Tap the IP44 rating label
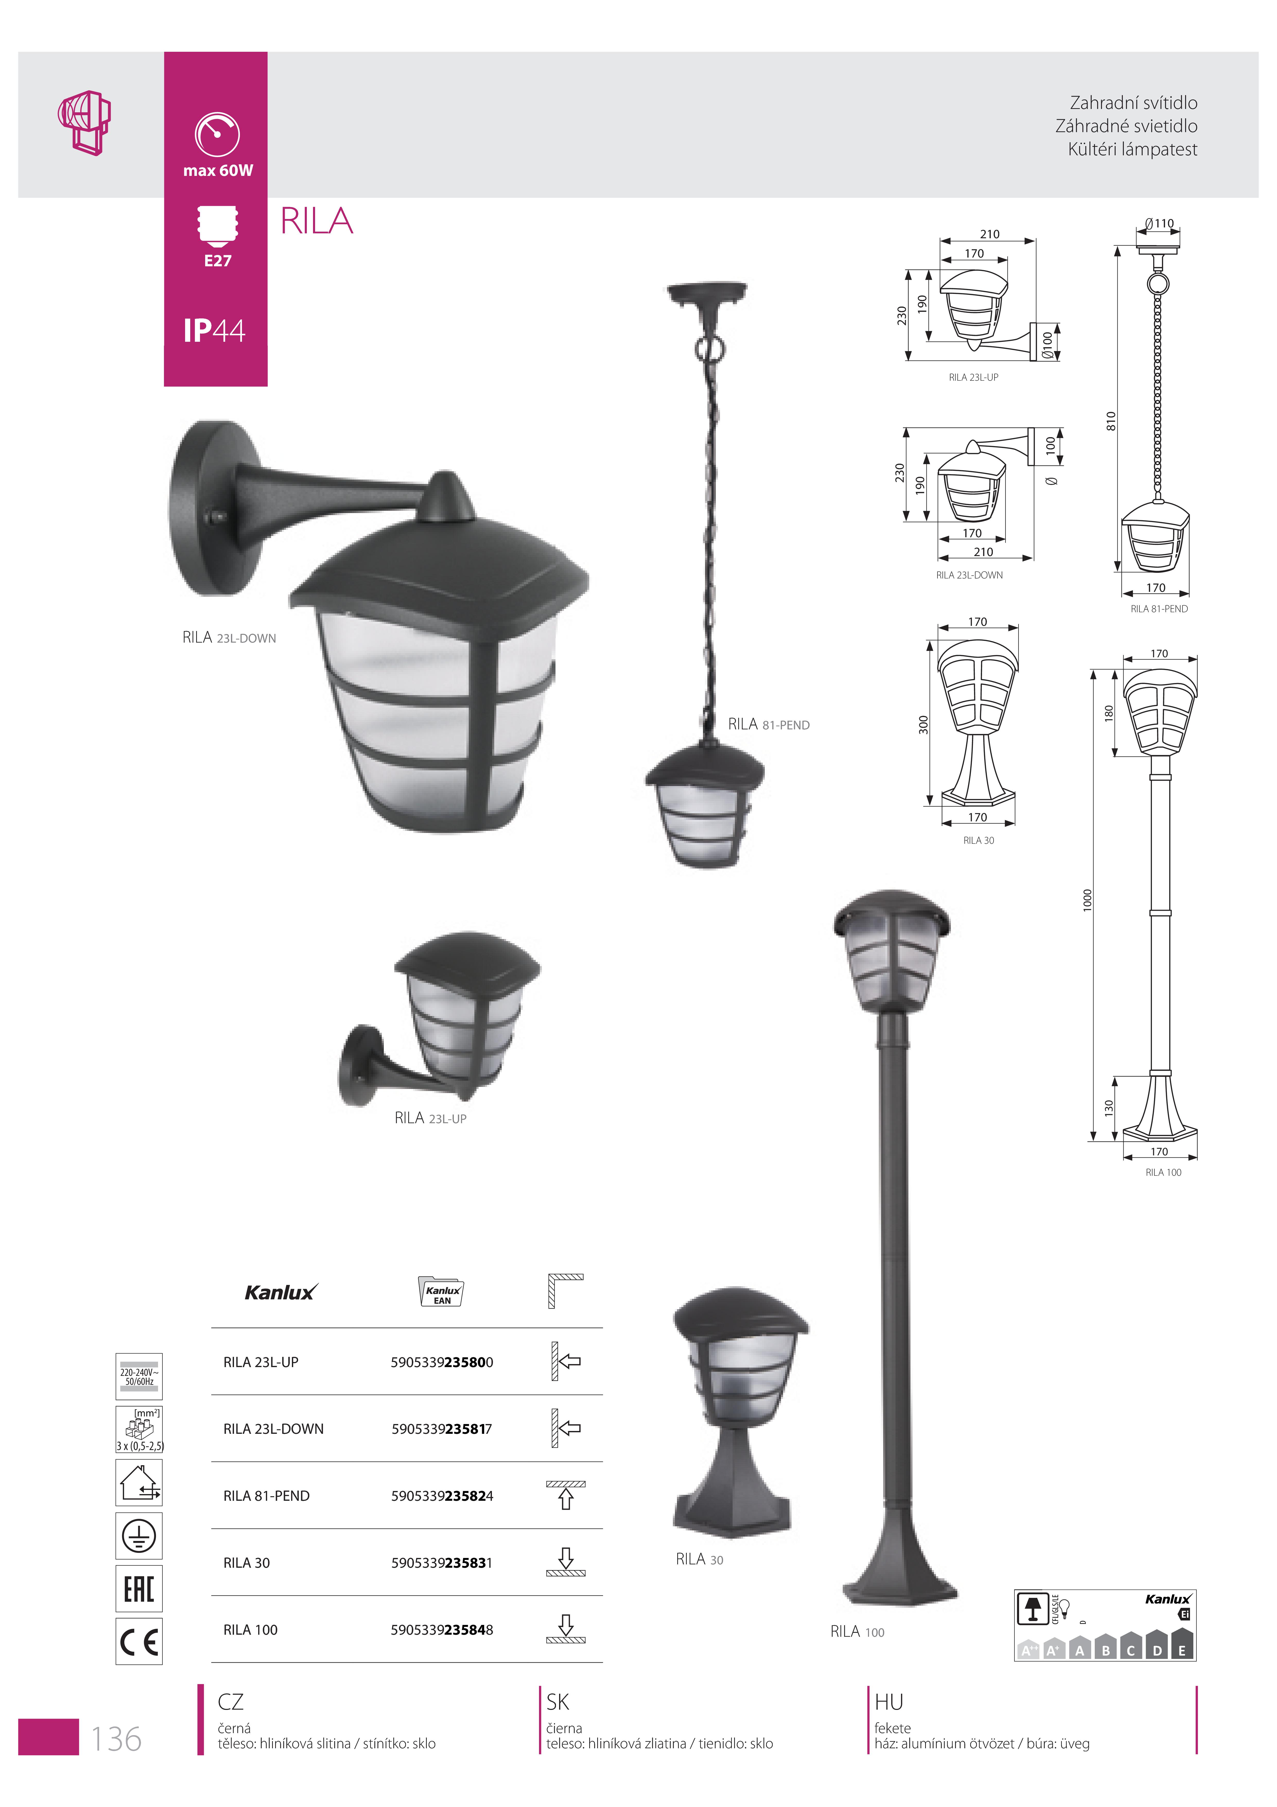click(x=214, y=330)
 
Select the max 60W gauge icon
click(x=217, y=135)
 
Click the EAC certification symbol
click(x=139, y=1588)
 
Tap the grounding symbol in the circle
click(x=139, y=1536)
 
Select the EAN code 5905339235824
click(x=442, y=1496)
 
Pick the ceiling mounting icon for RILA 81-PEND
click(x=566, y=1495)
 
